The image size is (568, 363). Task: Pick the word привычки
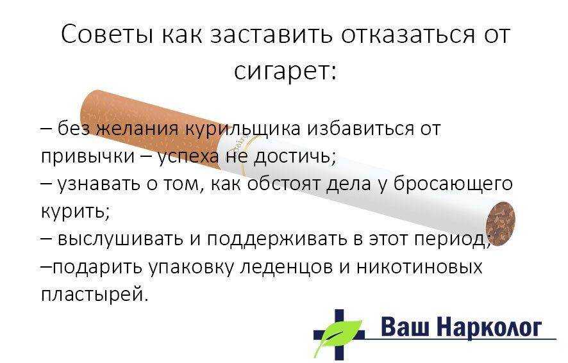(87, 157)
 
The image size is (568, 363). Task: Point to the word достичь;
(296, 157)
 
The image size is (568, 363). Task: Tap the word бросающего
(453, 184)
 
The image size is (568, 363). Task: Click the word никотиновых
(419, 267)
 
